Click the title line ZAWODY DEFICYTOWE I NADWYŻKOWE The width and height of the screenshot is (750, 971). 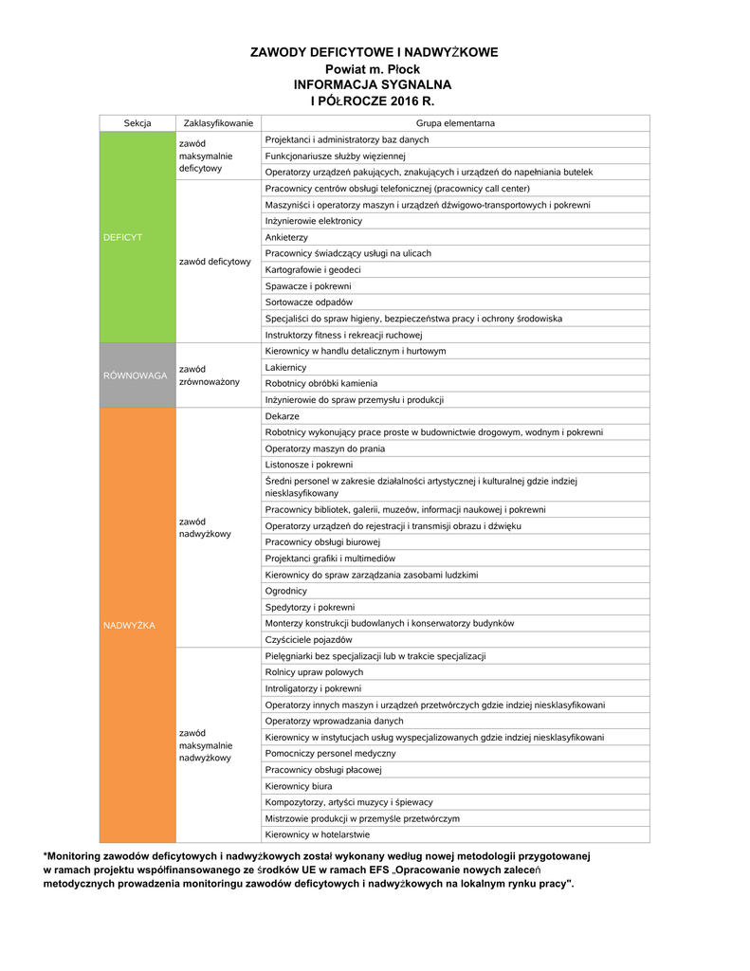point(374,52)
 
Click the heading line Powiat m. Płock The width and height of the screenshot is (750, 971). point(374,69)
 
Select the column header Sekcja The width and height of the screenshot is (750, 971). point(137,123)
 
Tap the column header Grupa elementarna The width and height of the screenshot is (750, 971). point(455,123)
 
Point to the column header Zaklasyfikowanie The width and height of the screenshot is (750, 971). point(218,123)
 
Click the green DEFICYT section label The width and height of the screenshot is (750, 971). point(123,237)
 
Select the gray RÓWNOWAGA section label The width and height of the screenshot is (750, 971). point(136,376)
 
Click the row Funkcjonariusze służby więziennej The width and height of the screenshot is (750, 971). point(335,156)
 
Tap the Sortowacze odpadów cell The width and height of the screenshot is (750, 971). point(308,302)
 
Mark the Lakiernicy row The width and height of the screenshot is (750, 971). point(285,367)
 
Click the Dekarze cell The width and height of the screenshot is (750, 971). point(282,416)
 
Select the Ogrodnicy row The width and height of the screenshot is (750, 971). point(285,591)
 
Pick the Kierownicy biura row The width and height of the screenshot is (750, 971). point(299,786)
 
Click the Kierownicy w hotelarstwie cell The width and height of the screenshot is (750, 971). point(318,834)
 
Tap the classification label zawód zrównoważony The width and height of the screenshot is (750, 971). point(210,376)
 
